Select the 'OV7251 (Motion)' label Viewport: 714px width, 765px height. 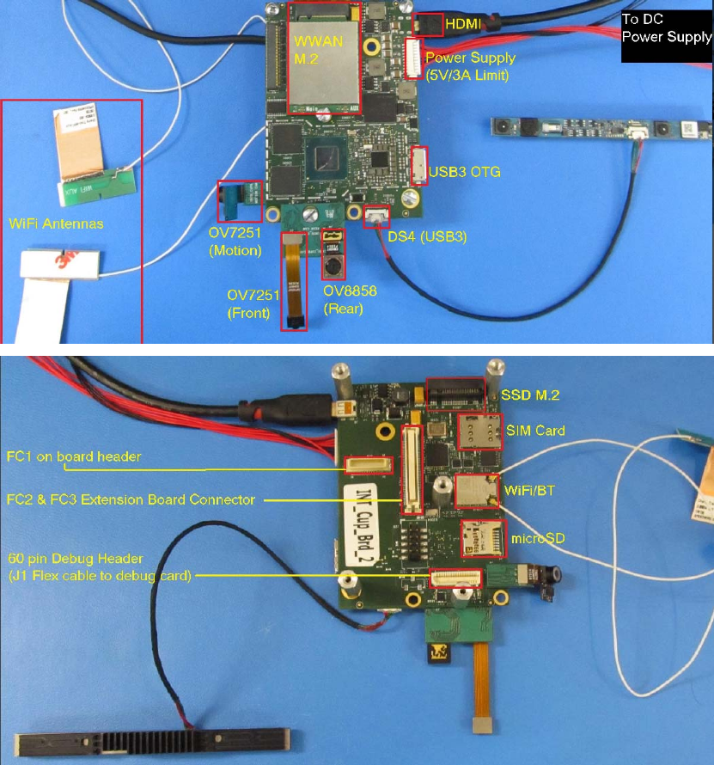click(235, 243)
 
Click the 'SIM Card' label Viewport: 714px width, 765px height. click(535, 430)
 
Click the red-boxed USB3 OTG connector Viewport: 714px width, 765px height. click(419, 165)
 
